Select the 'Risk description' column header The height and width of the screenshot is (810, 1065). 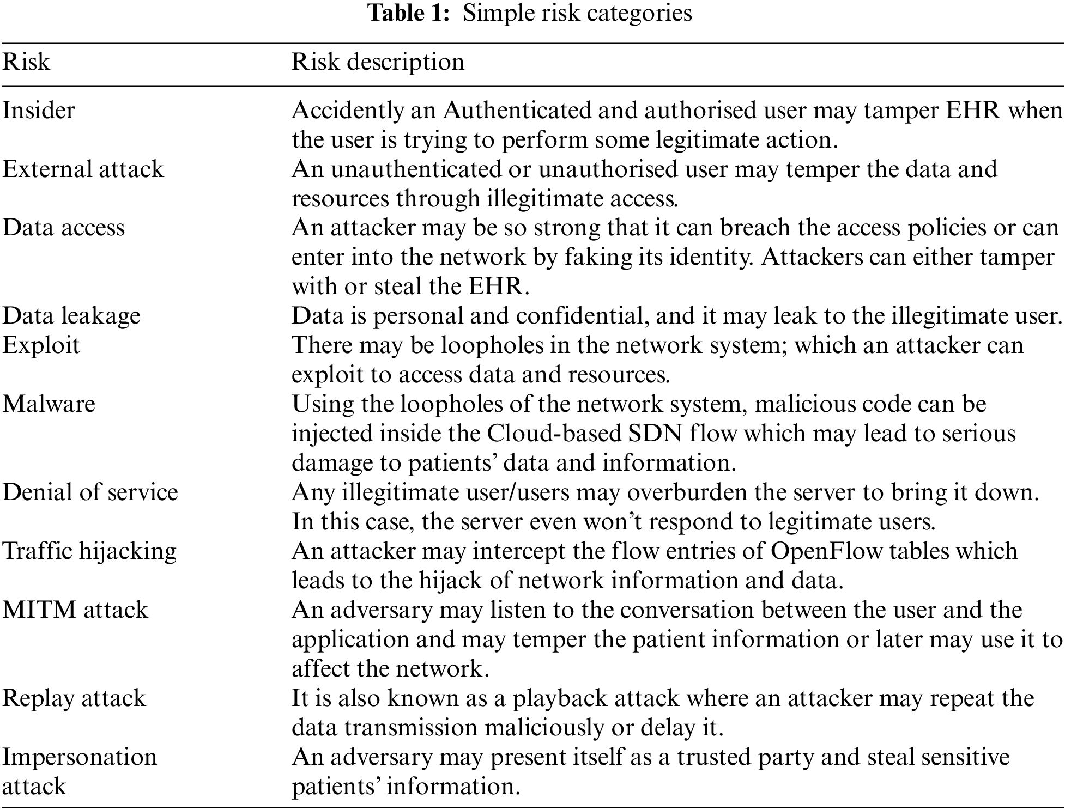378,62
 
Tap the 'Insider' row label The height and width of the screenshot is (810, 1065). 39,111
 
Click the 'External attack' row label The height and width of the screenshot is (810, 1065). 83,169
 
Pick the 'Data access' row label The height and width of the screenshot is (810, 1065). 64,228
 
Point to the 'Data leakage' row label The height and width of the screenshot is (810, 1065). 71,316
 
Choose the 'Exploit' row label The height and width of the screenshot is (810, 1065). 41,345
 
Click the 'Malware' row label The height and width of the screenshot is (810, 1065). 49,404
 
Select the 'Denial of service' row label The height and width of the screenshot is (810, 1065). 90,492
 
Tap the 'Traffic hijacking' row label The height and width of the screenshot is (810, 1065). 89,551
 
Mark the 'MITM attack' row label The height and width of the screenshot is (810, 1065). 75,610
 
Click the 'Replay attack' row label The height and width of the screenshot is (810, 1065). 74,698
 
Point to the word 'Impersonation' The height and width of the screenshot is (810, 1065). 80,757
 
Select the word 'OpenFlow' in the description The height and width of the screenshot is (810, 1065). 826,551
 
